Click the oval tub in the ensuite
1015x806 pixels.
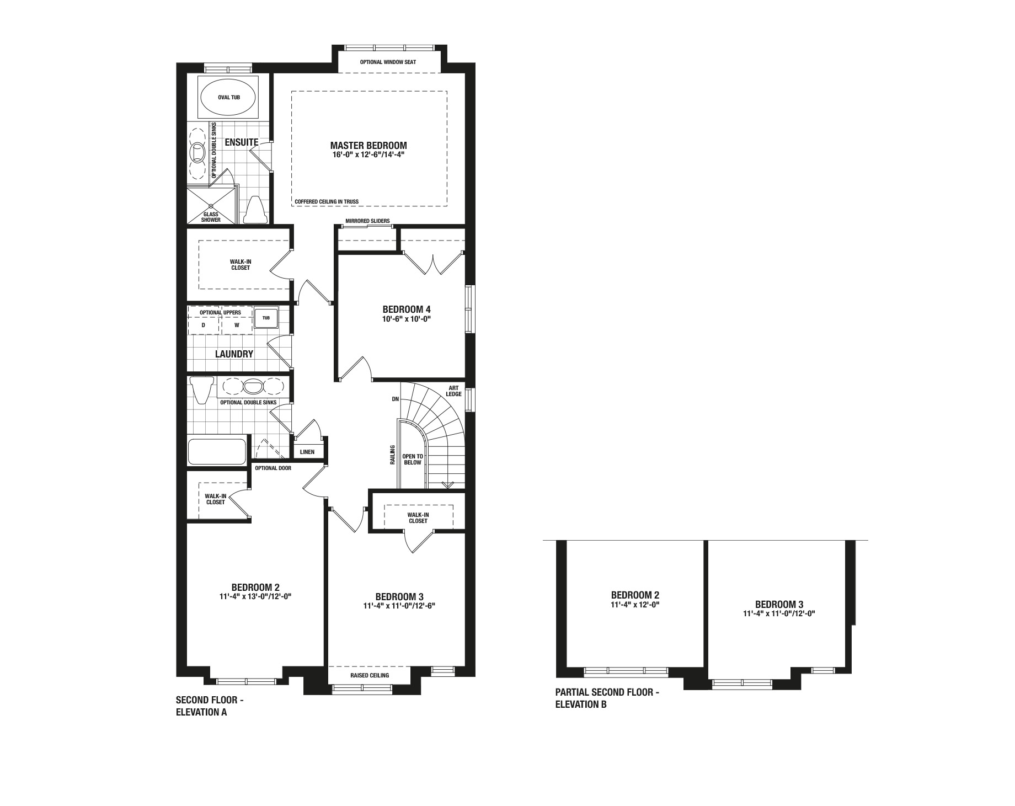(x=228, y=97)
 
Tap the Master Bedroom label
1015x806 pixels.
(x=368, y=146)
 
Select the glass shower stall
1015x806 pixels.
(x=212, y=205)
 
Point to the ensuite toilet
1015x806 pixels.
(x=255, y=209)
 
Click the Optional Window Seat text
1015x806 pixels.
(x=388, y=62)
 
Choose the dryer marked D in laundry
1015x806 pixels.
(x=204, y=325)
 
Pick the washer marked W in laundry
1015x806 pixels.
(x=237, y=325)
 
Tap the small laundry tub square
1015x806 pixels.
(x=266, y=318)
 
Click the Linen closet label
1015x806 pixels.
(x=307, y=452)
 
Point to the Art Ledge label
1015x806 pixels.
(x=454, y=391)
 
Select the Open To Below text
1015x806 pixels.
(x=412, y=460)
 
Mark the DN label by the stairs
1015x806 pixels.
(x=395, y=399)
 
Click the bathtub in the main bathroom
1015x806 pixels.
(x=217, y=451)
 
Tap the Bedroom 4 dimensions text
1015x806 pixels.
(x=406, y=318)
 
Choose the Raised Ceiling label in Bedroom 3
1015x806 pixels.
(x=370, y=675)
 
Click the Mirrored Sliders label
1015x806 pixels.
(x=367, y=221)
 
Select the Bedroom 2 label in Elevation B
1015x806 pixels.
(x=635, y=595)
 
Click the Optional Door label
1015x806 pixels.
(x=273, y=468)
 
